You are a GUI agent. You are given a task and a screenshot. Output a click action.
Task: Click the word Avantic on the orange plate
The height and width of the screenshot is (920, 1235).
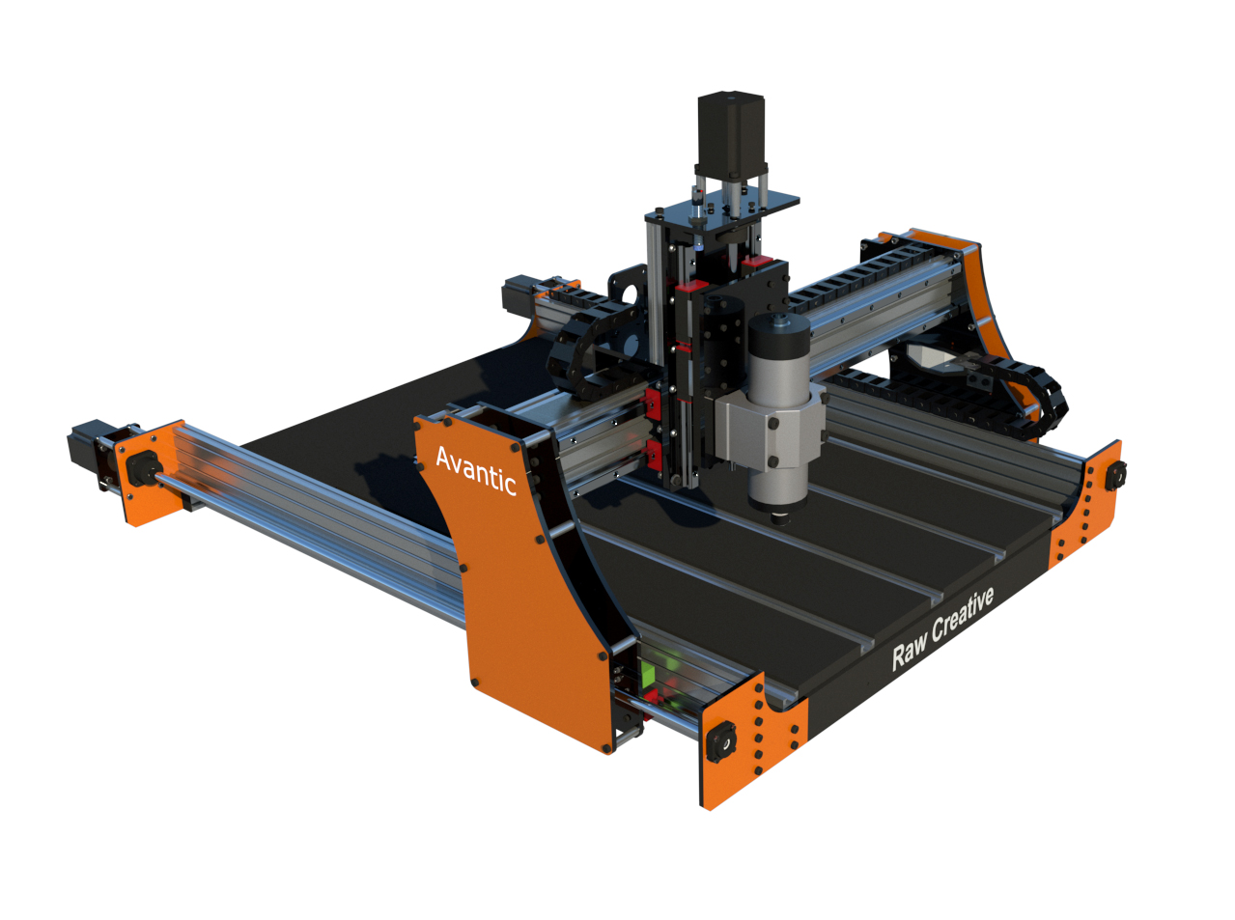[x=475, y=469]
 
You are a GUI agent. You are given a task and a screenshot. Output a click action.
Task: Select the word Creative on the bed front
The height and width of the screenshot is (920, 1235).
[x=963, y=615]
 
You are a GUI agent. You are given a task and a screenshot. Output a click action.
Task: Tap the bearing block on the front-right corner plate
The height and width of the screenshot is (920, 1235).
[x=720, y=740]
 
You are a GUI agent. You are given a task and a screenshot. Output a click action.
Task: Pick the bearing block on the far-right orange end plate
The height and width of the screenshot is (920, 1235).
[x=1117, y=475]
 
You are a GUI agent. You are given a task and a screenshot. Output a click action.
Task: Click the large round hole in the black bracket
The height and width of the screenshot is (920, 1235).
[x=630, y=293]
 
